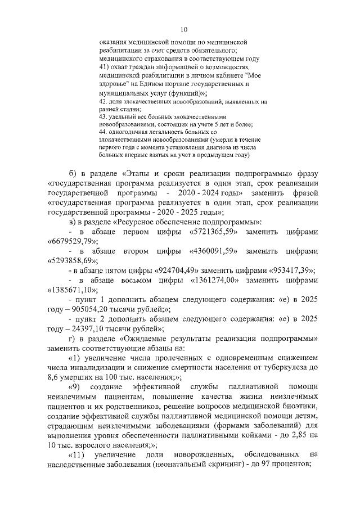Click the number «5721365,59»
coord(212,232)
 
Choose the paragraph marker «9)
coord(74,386)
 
